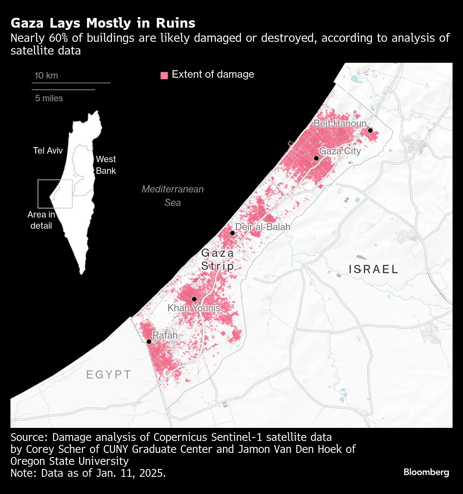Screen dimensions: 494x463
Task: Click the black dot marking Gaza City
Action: [316, 158]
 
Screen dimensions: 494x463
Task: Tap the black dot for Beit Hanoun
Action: [370, 130]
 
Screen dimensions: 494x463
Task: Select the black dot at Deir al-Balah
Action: [232, 233]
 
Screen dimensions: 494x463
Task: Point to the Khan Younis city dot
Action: [194, 299]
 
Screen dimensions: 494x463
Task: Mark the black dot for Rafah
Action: [149, 342]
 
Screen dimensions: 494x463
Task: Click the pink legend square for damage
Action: [164, 75]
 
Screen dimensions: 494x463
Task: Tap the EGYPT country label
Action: [109, 374]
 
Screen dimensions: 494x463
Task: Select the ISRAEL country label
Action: [373, 269]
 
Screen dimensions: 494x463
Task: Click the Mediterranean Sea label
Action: [173, 195]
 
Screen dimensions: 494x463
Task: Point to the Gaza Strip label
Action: [218, 259]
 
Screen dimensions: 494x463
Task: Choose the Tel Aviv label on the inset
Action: [48, 151]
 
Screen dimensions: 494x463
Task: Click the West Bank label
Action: [106, 165]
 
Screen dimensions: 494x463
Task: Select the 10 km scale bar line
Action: [71, 83]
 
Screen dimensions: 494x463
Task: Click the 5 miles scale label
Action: [49, 98]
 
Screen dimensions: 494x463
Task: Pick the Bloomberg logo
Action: [426, 472]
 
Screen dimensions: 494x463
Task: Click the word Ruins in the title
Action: [175, 23]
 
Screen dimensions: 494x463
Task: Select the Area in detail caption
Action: [41, 220]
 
